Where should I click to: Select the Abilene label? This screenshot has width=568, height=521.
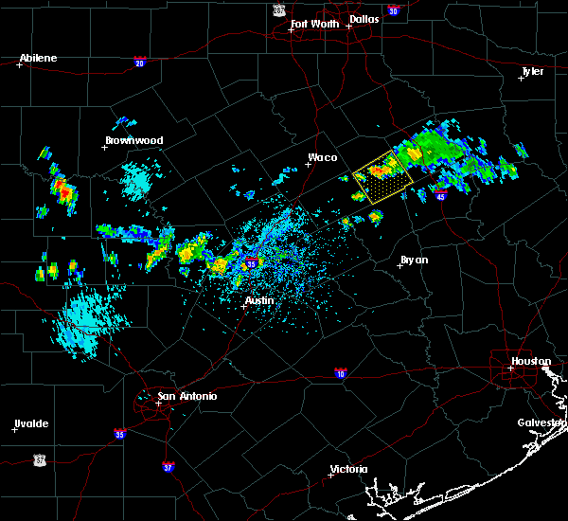38,58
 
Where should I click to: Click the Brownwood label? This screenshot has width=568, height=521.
133,140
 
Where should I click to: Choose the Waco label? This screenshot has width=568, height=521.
322,158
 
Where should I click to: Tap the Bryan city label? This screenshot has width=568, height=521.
414,260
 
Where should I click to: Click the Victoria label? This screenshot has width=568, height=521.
348,469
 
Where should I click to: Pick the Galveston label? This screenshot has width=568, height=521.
541,422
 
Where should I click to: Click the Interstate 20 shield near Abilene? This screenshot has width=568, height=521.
139,63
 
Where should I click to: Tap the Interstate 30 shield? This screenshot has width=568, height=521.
393,10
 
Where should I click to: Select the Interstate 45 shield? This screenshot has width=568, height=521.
442,196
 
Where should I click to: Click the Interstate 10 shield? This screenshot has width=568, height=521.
339,372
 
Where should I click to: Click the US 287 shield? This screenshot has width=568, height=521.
278,9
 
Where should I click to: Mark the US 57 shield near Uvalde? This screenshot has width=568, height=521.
39,459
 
